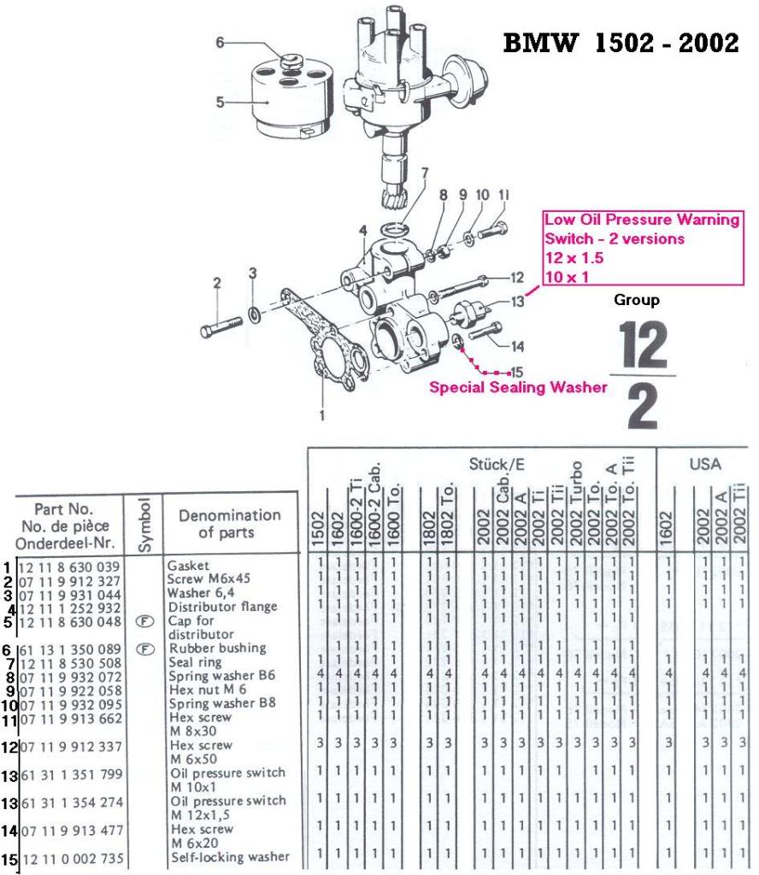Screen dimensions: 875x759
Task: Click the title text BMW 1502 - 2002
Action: [621, 44]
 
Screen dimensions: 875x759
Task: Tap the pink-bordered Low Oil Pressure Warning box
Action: [642, 248]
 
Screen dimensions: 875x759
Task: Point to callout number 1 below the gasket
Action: [322, 416]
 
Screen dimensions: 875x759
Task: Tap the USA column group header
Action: [706, 465]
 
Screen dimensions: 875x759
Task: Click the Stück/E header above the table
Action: [496, 465]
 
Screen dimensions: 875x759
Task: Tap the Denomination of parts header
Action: [229, 523]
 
